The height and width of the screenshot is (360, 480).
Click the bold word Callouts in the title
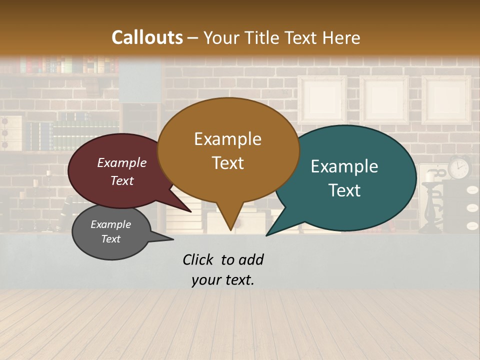coord(147,37)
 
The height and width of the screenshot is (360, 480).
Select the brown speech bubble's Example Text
coord(227,150)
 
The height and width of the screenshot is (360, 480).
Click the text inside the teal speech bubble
coord(344,178)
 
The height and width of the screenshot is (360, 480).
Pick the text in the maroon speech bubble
coord(122,171)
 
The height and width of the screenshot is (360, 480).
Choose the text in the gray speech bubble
coord(111,231)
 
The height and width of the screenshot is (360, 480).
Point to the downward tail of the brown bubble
coord(230,220)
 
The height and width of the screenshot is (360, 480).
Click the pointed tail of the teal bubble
coord(275,228)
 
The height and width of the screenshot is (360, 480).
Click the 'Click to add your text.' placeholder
coord(223,269)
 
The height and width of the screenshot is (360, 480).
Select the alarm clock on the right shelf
coord(459,167)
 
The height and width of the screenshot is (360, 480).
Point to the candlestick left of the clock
coord(430,205)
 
